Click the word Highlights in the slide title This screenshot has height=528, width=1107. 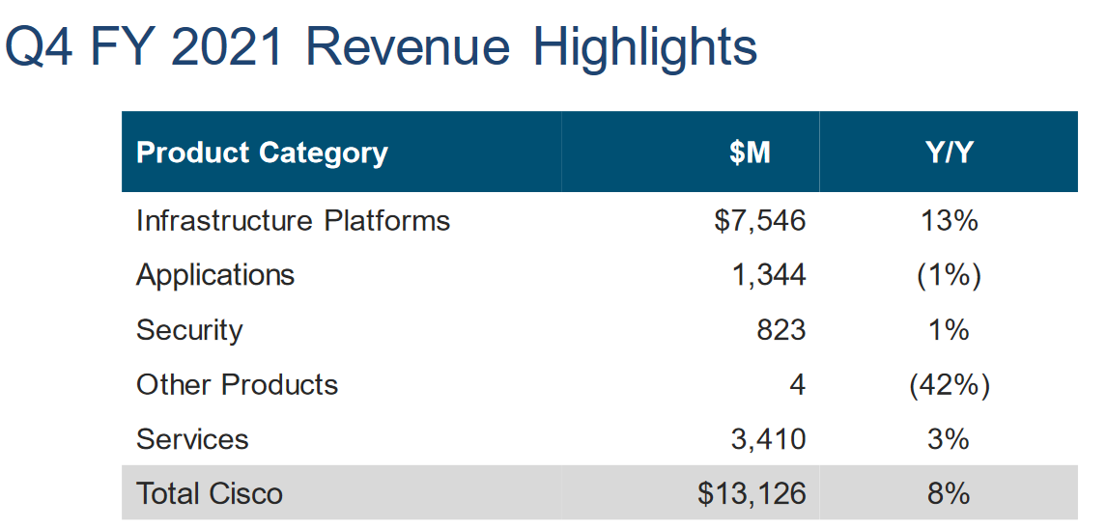tap(644, 47)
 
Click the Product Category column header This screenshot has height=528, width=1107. tap(262, 153)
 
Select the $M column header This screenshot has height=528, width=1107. tap(750, 153)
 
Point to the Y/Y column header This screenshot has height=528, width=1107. tap(949, 153)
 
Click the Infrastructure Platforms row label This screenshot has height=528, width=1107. tap(293, 221)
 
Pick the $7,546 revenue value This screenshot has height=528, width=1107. tap(759, 221)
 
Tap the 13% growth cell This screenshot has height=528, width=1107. tap(949, 221)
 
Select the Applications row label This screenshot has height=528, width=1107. tap(215, 275)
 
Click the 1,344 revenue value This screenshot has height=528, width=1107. tap(768, 275)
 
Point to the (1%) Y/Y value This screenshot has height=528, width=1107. tap(949, 275)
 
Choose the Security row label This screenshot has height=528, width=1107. tap(189, 330)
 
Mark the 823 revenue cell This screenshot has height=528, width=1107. tap(781, 330)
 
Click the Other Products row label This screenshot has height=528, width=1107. tap(237, 384)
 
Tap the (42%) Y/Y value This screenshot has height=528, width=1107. tap(949, 384)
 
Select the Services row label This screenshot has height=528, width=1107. tap(192, 439)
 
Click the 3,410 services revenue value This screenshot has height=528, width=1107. tap(768, 439)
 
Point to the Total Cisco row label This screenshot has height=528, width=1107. tap(210, 494)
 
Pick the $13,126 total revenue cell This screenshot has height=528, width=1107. tap(752, 494)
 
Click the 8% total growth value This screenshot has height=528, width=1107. tap(949, 494)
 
